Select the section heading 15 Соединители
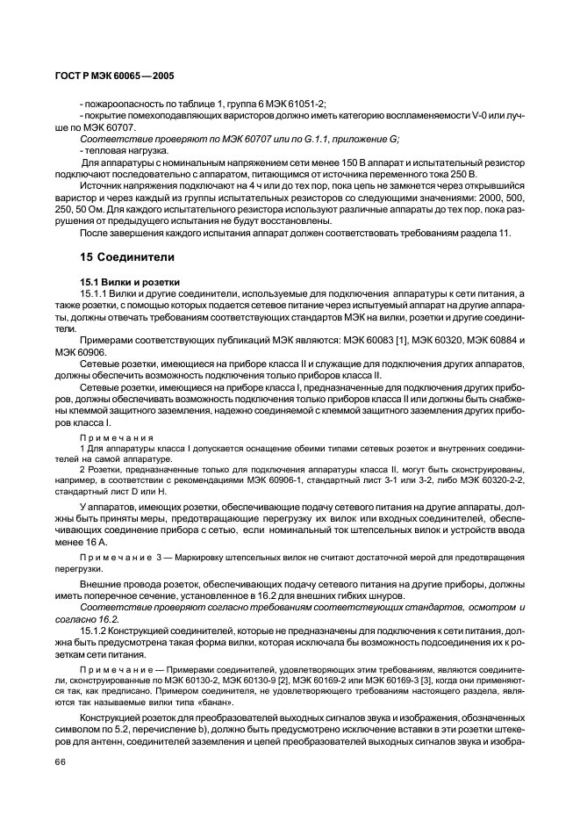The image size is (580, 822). tap(126, 258)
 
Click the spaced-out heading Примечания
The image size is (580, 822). tap(117, 436)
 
